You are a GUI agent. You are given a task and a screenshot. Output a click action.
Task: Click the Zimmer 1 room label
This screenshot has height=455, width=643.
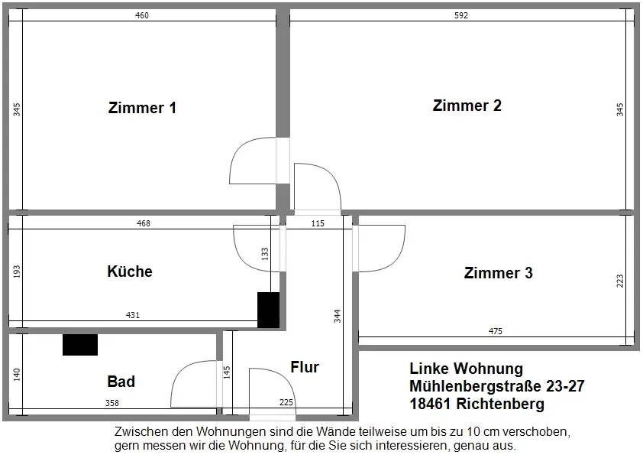click(x=142, y=108)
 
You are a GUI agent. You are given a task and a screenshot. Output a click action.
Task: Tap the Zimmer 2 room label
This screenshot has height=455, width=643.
click(x=467, y=106)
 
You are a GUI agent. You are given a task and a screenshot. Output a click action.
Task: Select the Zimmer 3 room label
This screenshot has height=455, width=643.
click(x=498, y=273)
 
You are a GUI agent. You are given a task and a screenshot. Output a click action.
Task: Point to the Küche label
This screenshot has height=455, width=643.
click(x=130, y=271)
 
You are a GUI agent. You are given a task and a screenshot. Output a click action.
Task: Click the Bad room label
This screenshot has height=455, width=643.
click(x=121, y=381)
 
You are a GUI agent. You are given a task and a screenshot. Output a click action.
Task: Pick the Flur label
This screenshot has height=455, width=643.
click(x=305, y=367)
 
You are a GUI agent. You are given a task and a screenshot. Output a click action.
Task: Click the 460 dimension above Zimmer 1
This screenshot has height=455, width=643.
click(x=142, y=15)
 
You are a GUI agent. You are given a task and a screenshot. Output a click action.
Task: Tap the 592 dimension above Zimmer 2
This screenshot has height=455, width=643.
click(x=460, y=15)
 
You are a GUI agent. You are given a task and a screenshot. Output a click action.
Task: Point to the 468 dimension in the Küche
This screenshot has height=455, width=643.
click(x=143, y=223)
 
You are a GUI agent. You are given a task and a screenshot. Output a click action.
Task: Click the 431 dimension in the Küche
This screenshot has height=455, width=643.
click(x=133, y=314)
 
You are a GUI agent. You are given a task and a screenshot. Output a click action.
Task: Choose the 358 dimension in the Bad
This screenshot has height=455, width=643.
click(x=111, y=403)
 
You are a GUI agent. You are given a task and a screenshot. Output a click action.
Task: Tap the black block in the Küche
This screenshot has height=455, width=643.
click(x=268, y=310)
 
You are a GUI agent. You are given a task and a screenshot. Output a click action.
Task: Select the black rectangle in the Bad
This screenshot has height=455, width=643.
click(x=80, y=345)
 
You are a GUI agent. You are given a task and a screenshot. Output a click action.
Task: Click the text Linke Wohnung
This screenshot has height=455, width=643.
click(x=466, y=369)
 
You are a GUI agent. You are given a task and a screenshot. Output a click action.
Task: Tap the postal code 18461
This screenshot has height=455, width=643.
click(x=433, y=404)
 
